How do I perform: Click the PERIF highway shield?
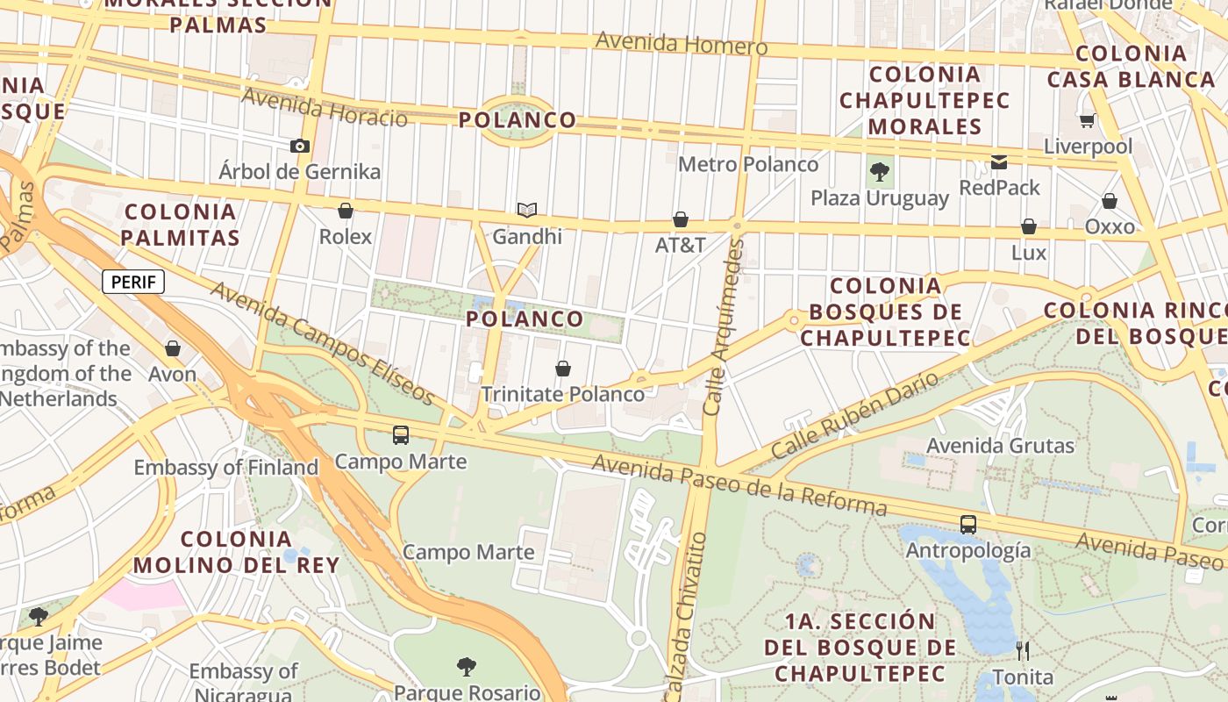point(133,282)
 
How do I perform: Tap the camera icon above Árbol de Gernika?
point(300,146)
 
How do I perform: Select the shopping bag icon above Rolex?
point(346,211)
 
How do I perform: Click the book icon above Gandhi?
point(526,211)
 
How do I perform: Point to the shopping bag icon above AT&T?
point(681,219)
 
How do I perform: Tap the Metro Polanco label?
point(748,164)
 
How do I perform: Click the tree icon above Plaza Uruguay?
point(880,172)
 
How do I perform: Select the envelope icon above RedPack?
point(999,161)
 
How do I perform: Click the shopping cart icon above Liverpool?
point(1088,120)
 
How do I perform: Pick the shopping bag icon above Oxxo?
point(1110,201)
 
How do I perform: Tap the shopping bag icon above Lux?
point(1029,227)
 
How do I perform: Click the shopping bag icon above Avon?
point(173,348)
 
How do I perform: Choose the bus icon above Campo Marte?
point(401,434)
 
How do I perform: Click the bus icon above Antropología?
point(968,525)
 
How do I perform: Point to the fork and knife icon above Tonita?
point(1023,651)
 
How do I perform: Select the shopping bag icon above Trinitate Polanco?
point(563,369)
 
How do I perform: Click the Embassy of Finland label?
point(225,468)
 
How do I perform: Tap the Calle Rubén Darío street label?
point(854,416)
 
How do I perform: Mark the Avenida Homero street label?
point(681,42)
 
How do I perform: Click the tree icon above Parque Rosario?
point(467,667)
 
